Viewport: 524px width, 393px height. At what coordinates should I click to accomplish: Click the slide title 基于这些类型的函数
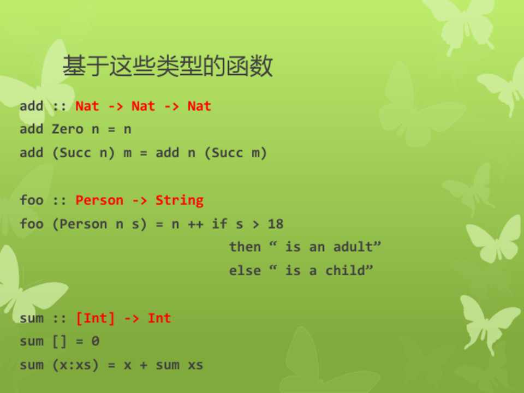click(168, 66)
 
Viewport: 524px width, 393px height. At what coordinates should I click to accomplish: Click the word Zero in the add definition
click(68, 129)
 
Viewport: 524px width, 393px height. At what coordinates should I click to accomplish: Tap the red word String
click(180, 200)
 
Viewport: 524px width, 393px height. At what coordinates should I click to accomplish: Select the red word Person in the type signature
click(99, 200)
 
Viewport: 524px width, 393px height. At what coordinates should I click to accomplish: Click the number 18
click(276, 224)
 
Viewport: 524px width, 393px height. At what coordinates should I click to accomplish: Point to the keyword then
click(245, 247)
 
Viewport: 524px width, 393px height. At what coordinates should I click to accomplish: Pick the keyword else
click(245, 270)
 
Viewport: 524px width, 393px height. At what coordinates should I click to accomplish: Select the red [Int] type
click(95, 318)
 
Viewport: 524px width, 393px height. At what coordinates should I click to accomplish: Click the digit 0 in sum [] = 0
click(95, 341)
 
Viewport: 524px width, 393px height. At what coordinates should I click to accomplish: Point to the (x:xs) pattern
click(75, 365)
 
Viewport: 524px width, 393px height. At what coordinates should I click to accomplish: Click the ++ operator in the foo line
click(195, 224)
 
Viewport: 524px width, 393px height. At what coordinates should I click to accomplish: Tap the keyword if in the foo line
click(219, 224)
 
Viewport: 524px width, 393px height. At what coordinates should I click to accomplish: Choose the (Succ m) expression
click(236, 153)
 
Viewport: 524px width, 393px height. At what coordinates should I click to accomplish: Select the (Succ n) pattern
click(84, 153)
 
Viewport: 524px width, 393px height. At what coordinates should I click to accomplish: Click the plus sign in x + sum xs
click(144, 365)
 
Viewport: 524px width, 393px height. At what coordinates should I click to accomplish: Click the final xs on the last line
click(195, 365)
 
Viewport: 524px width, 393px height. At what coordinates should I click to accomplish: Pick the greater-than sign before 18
click(255, 224)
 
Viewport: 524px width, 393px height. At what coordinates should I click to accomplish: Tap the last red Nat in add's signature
click(200, 106)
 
